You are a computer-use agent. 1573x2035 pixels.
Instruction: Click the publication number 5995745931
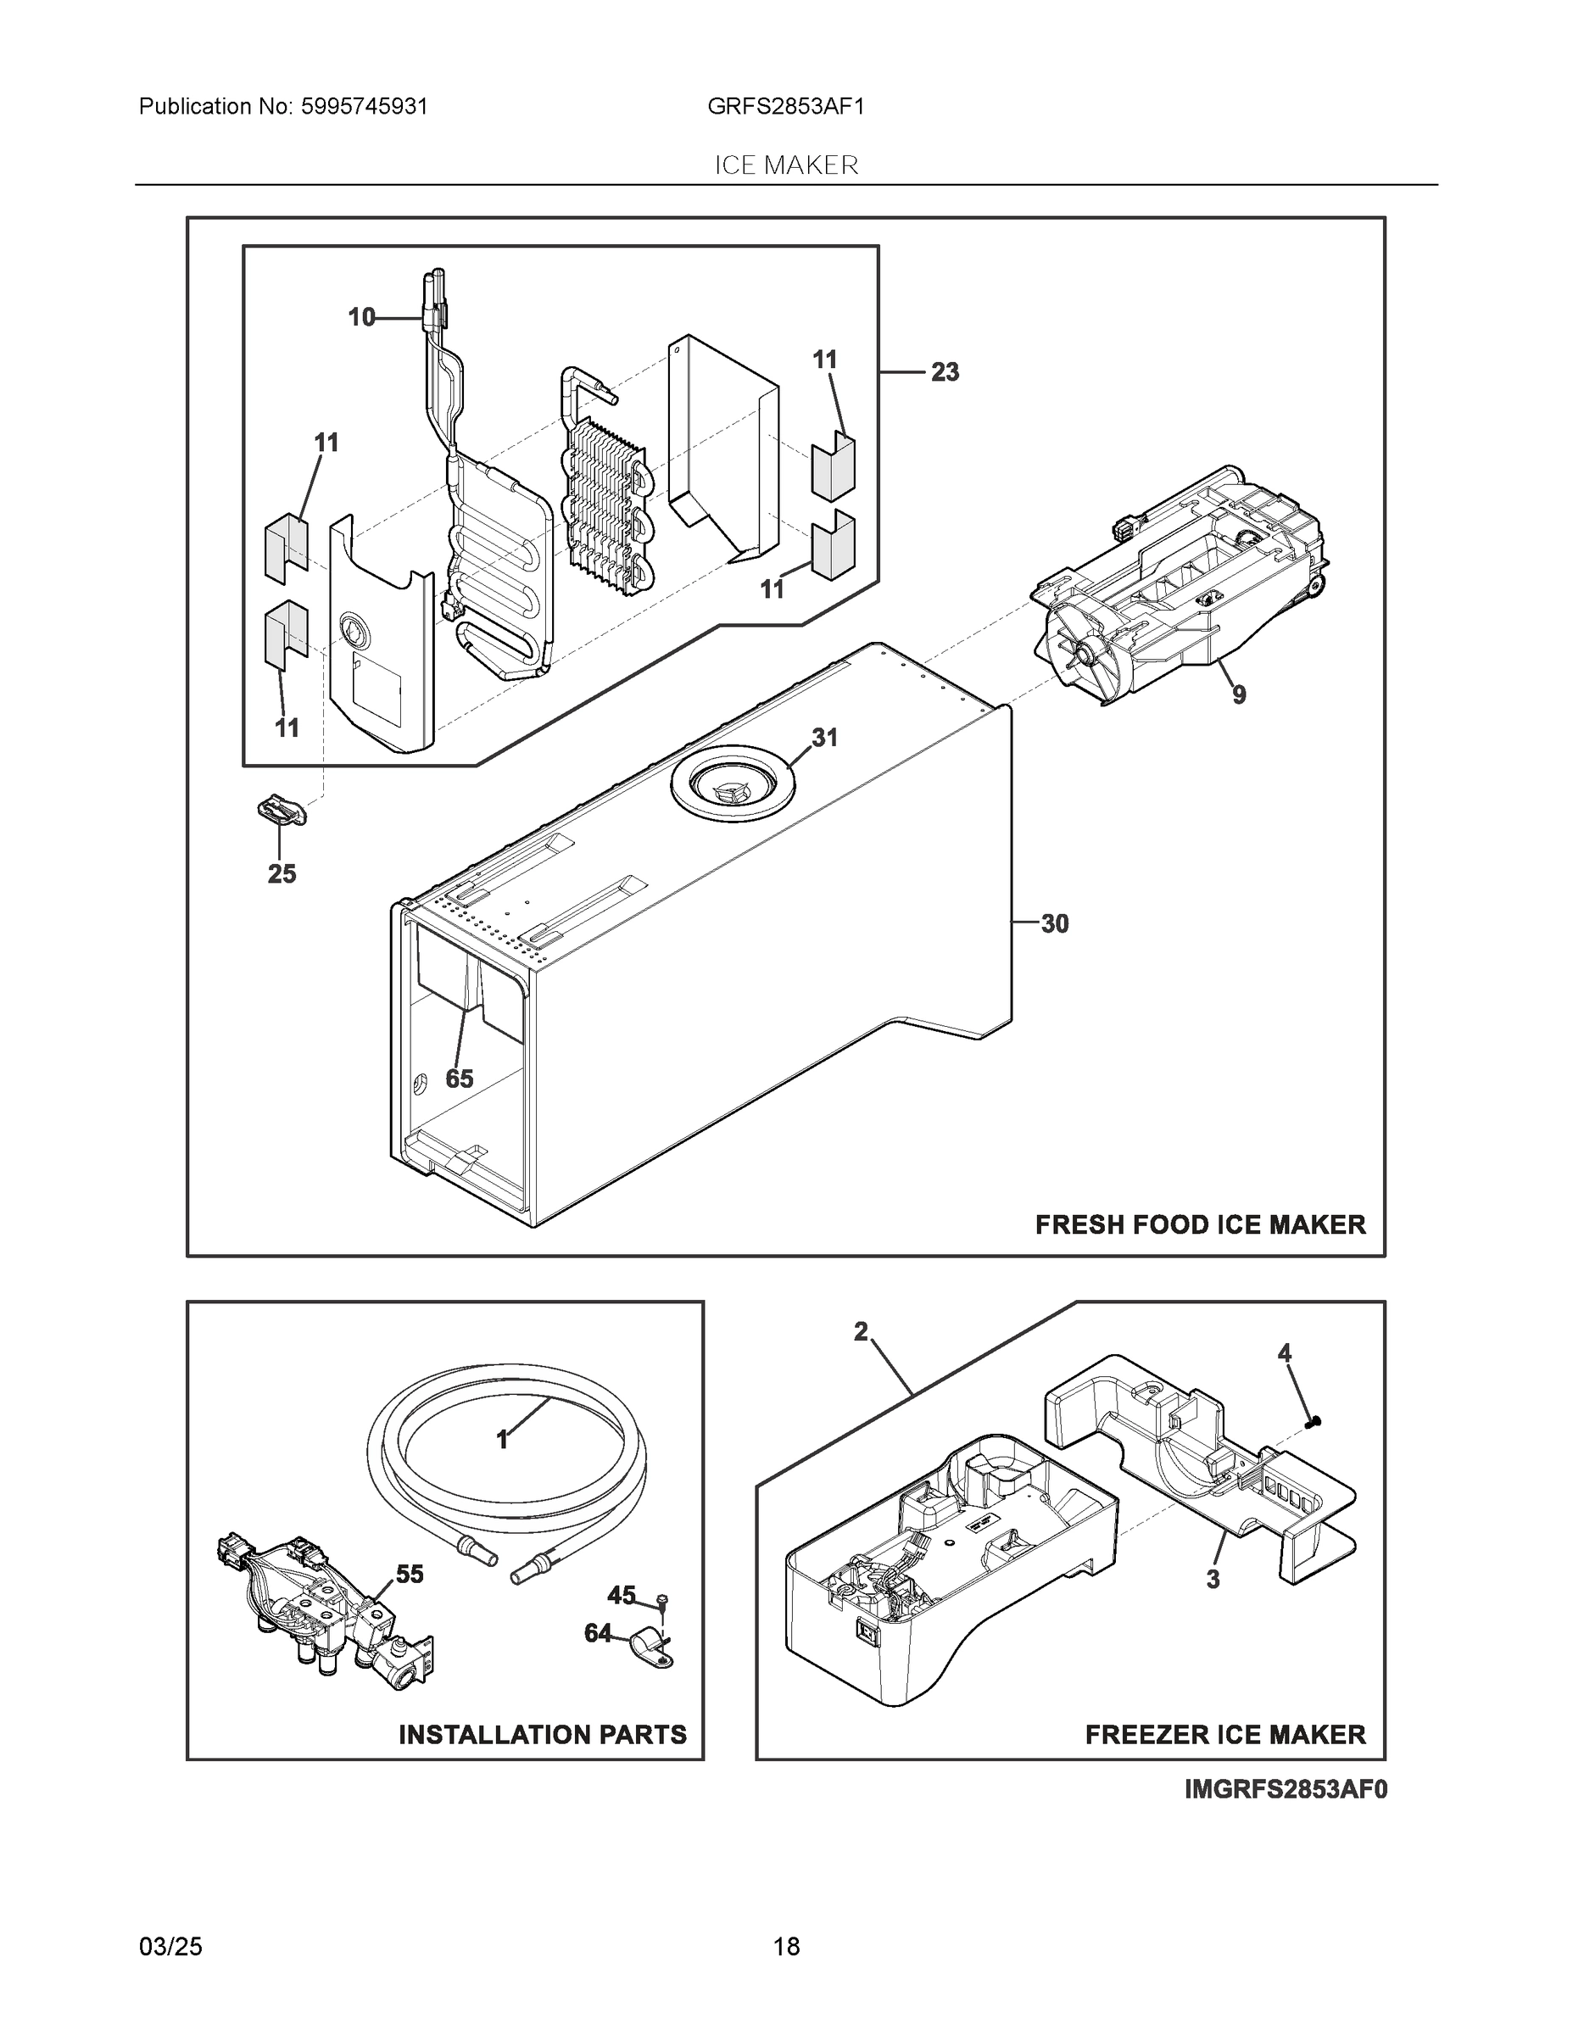(365, 107)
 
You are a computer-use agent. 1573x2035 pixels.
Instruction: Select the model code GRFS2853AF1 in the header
(785, 107)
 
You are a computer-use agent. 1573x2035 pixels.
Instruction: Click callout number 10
(361, 318)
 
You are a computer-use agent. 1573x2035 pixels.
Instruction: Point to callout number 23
(945, 373)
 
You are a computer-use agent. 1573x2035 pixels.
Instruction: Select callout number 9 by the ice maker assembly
(1238, 695)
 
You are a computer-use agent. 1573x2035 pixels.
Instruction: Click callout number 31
(823, 738)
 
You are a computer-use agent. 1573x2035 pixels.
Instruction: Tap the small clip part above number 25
(281, 810)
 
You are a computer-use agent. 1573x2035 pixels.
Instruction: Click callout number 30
(1054, 924)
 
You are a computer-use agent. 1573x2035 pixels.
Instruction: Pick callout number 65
(460, 1079)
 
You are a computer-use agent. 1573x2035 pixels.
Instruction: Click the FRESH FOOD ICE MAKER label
(1200, 1225)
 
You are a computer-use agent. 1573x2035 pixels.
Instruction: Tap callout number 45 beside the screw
(622, 1596)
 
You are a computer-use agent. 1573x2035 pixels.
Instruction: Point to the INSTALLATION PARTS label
(543, 1735)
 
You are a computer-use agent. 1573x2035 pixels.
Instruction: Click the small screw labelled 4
(1315, 1421)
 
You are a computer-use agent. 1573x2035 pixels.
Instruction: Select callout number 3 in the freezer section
(1213, 1581)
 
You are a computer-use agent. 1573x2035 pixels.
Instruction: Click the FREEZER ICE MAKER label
(1224, 1735)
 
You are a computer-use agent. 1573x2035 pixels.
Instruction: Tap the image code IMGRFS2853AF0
(1286, 1790)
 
